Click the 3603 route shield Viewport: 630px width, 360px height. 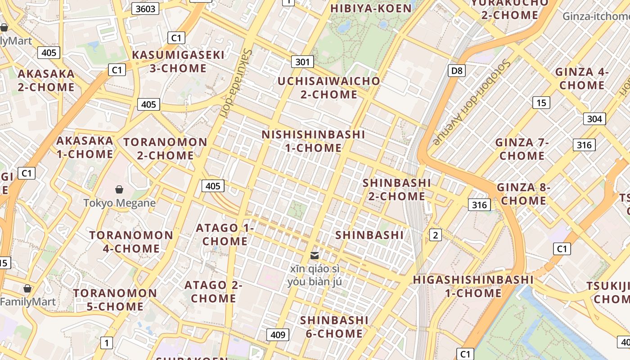coord(145,9)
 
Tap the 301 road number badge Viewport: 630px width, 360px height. coord(302,62)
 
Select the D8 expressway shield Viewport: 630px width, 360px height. coord(457,71)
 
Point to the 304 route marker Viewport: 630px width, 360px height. coord(594,119)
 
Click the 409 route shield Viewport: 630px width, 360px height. coord(278,334)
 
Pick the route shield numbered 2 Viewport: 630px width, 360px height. coord(435,234)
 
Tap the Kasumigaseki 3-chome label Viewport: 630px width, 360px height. coord(178,62)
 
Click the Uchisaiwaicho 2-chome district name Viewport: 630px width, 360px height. coord(329,88)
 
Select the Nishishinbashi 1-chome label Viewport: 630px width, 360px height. coord(313,141)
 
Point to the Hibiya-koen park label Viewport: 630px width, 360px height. coord(371,9)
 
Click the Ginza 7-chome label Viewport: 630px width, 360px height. coord(522,149)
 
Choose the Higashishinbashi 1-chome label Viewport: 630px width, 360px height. coord(473,286)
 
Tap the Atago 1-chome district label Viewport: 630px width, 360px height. coord(225,234)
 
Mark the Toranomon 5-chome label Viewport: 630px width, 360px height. coord(115,300)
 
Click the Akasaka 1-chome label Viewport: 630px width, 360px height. coord(85,147)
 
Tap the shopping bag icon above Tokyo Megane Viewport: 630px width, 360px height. coord(119,189)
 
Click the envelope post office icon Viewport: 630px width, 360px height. coord(315,256)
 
